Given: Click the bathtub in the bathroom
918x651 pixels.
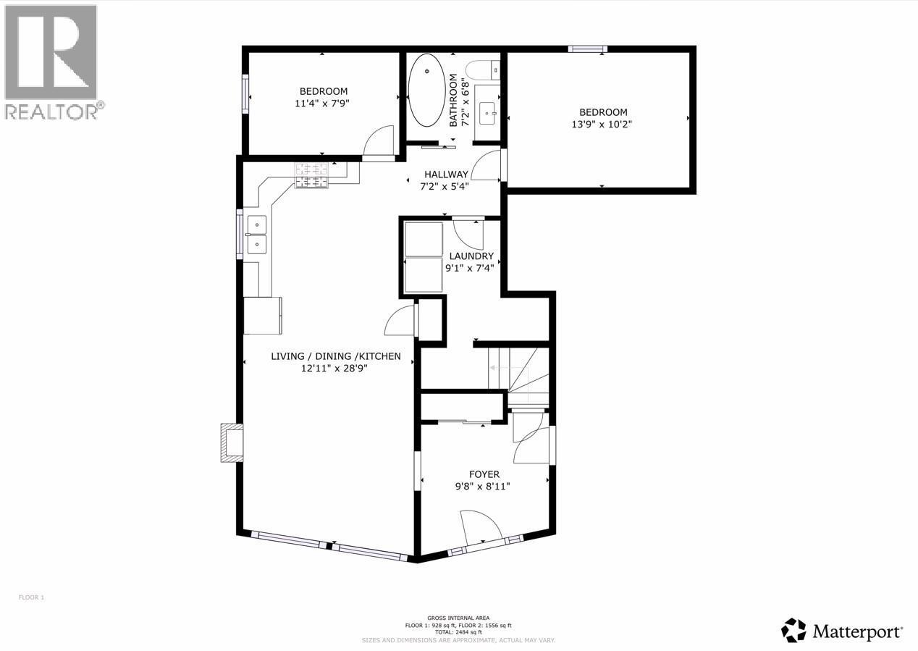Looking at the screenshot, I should click(x=426, y=93).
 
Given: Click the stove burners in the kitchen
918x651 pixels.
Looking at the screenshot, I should click(x=312, y=175).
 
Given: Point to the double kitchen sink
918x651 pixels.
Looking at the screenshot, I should click(x=256, y=235).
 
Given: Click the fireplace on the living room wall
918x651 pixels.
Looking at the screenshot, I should click(x=232, y=442).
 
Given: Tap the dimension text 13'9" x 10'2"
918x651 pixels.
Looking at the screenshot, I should click(x=603, y=124).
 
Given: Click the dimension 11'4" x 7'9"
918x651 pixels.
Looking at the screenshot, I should click(x=324, y=103).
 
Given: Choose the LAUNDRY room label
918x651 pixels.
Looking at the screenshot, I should click(x=471, y=256).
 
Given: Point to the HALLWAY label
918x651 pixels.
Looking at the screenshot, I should click(x=446, y=175).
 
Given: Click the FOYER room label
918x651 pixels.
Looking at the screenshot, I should click(x=484, y=474).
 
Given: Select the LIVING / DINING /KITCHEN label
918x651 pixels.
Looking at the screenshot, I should click(x=335, y=356).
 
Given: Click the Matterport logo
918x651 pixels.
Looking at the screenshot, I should click(x=842, y=631).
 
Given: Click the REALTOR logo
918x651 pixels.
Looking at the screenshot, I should click(x=52, y=62).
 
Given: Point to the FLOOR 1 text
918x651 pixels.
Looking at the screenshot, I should click(x=31, y=597).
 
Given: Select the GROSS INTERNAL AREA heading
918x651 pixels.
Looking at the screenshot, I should click(x=458, y=618).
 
